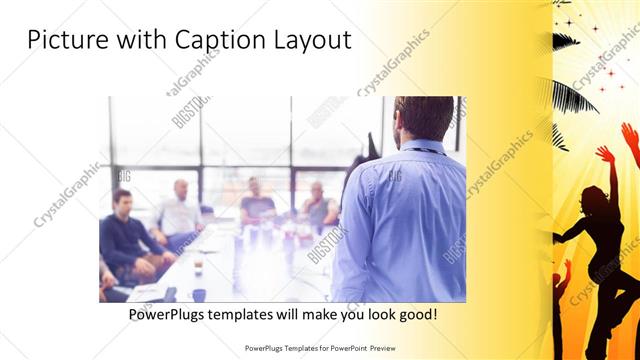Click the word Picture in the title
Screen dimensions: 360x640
click(65, 41)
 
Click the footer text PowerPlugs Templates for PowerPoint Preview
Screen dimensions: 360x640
click(320, 348)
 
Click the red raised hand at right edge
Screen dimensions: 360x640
click(629, 135)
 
